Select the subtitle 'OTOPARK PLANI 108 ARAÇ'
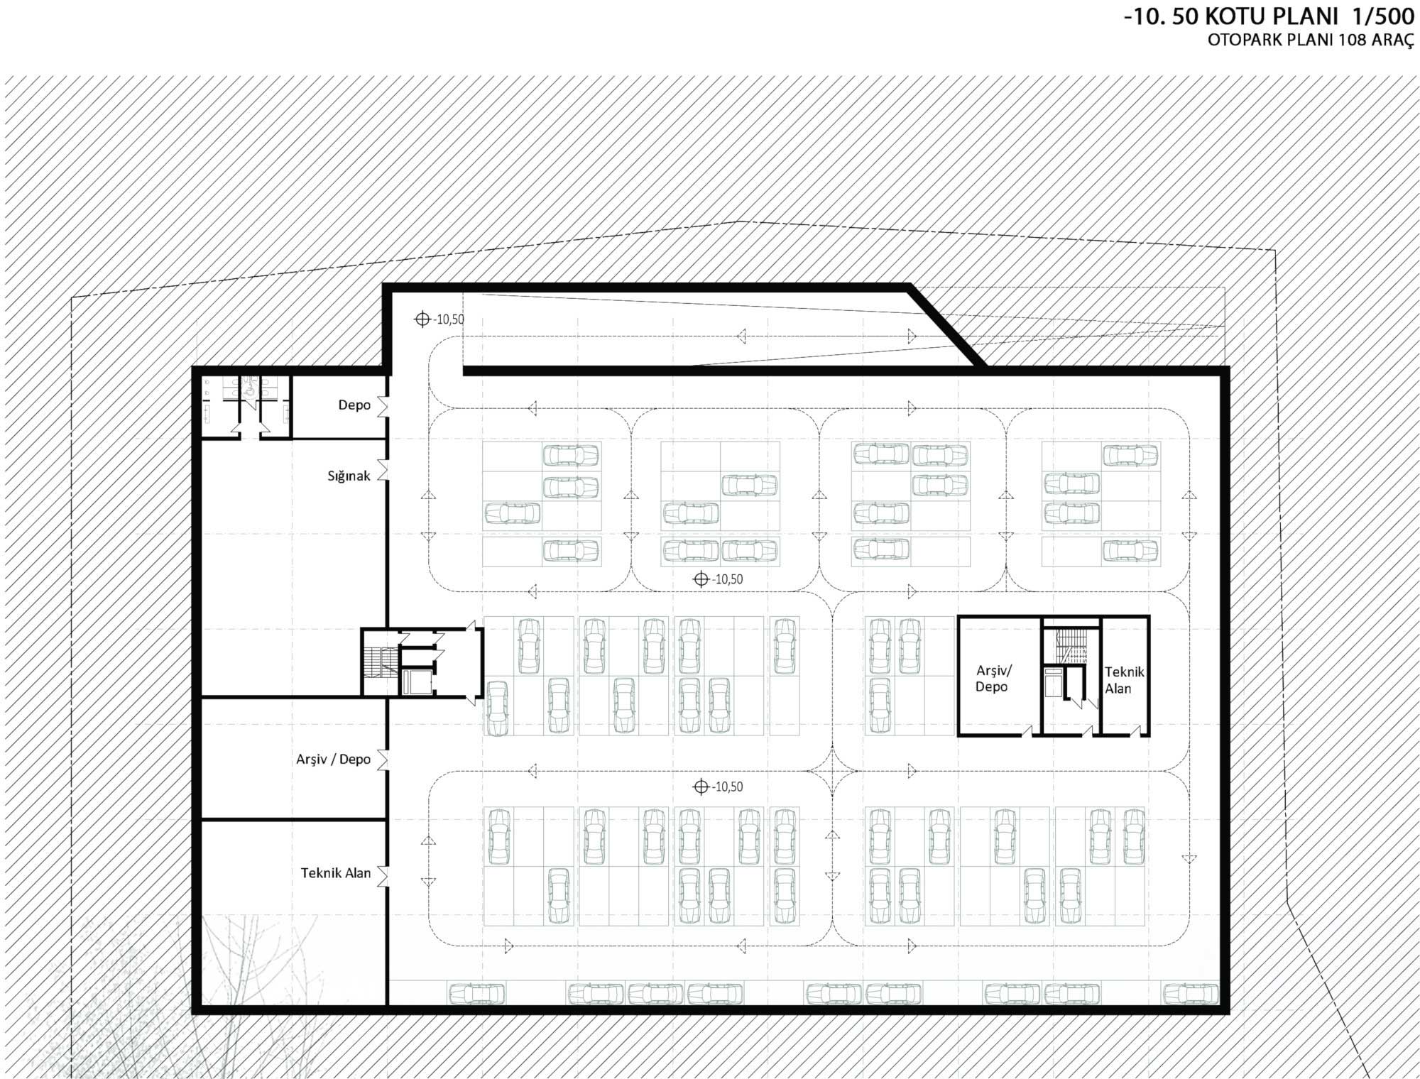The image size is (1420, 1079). coord(1311,40)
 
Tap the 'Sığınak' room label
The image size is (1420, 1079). coord(349,476)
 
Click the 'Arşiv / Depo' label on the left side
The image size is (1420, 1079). coord(334,759)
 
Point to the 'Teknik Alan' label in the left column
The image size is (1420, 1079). coord(336,872)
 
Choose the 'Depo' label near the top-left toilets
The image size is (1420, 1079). coord(354,405)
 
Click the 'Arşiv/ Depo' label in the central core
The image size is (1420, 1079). coord(993,679)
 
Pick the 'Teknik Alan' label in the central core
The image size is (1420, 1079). coord(1123,680)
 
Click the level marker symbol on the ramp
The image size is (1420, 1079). coord(422,319)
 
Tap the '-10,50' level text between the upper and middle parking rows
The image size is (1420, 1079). coord(728,579)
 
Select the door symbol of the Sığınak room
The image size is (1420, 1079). coord(383,469)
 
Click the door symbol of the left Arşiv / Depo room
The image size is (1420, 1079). coord(383,760)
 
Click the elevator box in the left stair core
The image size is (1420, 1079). coord(413,682)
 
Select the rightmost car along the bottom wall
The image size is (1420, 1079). coord(1190,992)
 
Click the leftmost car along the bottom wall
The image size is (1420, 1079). coord(476,992)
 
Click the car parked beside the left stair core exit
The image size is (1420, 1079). coord(497,707)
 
